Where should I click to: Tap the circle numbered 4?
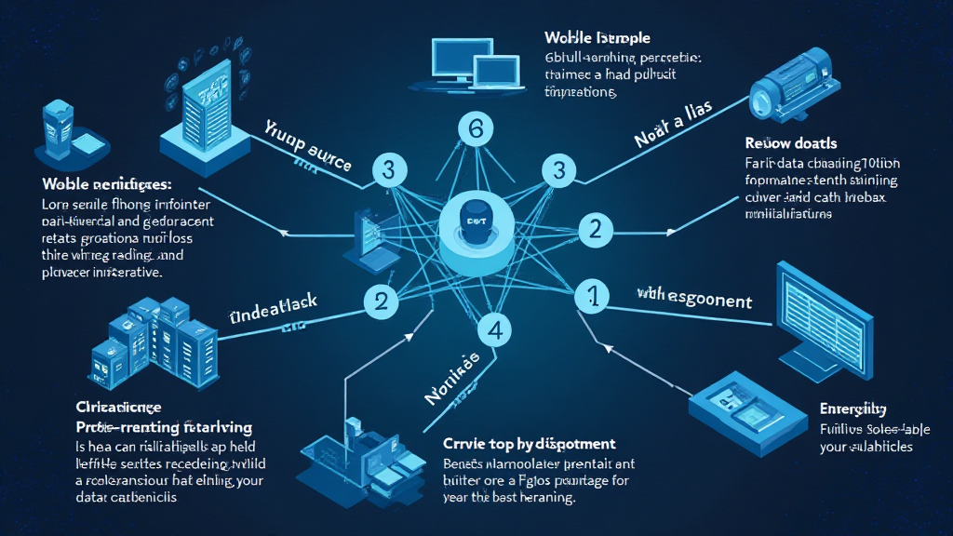coord(495,328)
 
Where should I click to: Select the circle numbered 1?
coord(591,296)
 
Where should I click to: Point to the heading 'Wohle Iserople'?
coord(597,38)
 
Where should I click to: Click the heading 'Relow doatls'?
coord(791,144)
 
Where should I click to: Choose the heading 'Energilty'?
coord(852,409)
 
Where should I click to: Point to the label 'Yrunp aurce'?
coord(307,149)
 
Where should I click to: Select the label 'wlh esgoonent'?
coord(694,301)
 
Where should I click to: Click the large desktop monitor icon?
coord(821,312)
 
